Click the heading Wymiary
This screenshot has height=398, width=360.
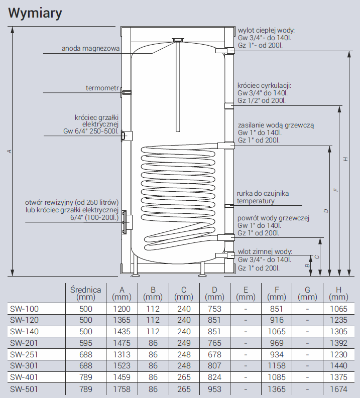point(35,13)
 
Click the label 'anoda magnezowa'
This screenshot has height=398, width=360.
point(90,48)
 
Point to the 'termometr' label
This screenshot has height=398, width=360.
point(102,88)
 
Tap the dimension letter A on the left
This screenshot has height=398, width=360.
point(10,151)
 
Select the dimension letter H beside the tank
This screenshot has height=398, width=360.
point(345,159)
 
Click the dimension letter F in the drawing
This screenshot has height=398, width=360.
point(336,190)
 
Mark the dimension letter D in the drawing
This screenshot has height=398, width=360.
point(326,211)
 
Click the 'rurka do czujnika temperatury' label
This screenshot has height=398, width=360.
point(263,197)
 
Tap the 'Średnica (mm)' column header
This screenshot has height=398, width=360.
point(86,293)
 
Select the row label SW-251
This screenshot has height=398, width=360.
point(24,354)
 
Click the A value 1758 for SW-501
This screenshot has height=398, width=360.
point(122,389)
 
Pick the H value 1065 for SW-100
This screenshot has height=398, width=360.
point(339,309)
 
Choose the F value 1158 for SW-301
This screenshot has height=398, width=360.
point(277,365)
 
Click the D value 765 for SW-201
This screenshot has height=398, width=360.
point(214,343)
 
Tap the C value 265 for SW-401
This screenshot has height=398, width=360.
point(184,377)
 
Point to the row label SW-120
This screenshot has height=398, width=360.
point(24,320)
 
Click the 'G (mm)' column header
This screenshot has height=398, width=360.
point(307,293)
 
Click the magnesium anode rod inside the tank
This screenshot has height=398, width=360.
point(178,86)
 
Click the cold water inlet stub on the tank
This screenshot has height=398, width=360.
point(225,255)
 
